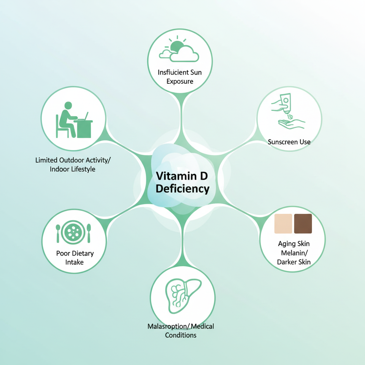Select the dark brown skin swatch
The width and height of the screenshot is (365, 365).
coord(302,223)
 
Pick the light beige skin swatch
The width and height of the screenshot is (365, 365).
coord(283,223)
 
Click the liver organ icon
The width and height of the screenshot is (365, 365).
coord(182,295)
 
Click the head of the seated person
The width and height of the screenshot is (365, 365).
coord(68,106)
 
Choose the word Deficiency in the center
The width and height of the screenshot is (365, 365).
coord(182,189)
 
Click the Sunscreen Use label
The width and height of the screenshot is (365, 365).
coord(289,142)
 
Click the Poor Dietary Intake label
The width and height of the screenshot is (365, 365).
coord(75,258)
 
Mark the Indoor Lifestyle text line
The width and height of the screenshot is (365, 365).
coord(72,169)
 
